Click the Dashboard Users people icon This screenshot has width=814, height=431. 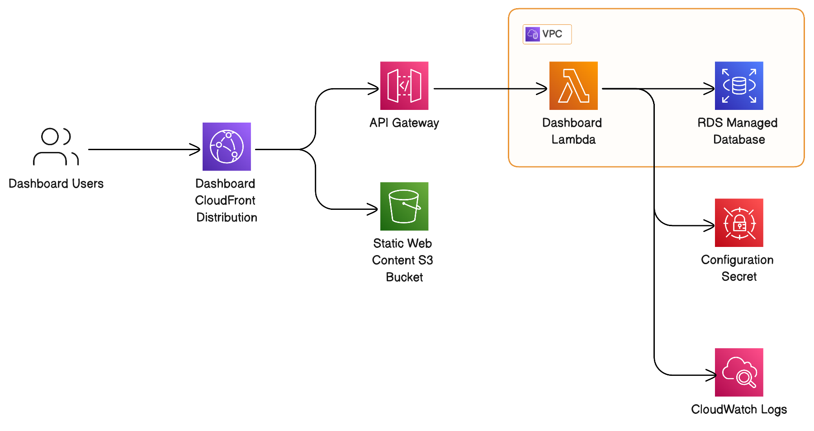(x=56, y=147)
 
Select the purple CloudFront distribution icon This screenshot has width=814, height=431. (x=227, y=147)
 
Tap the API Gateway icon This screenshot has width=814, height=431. (x=404, y=86)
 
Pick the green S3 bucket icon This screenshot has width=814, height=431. (x=404, y=206)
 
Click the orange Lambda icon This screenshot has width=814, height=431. (x=573, y=86)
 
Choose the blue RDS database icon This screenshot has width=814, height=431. (x=739, y=86)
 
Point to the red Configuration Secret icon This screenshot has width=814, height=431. (x=739, y=223)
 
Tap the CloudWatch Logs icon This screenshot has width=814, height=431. (x=739, y=372)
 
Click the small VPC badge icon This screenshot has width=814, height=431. (x=533, y=34)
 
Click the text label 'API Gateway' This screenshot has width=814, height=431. (x=404, y=123)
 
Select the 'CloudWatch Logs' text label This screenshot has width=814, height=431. (x=739, y=409)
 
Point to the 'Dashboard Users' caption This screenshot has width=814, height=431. (x=56, y=184)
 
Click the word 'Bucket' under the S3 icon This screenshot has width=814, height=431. (x=404, y=277)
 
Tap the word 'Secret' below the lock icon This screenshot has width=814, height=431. (x=739, y=276)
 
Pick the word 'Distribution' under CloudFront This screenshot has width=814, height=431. (x=227, y=218)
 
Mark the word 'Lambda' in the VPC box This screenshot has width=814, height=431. (x=573, y=139)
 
